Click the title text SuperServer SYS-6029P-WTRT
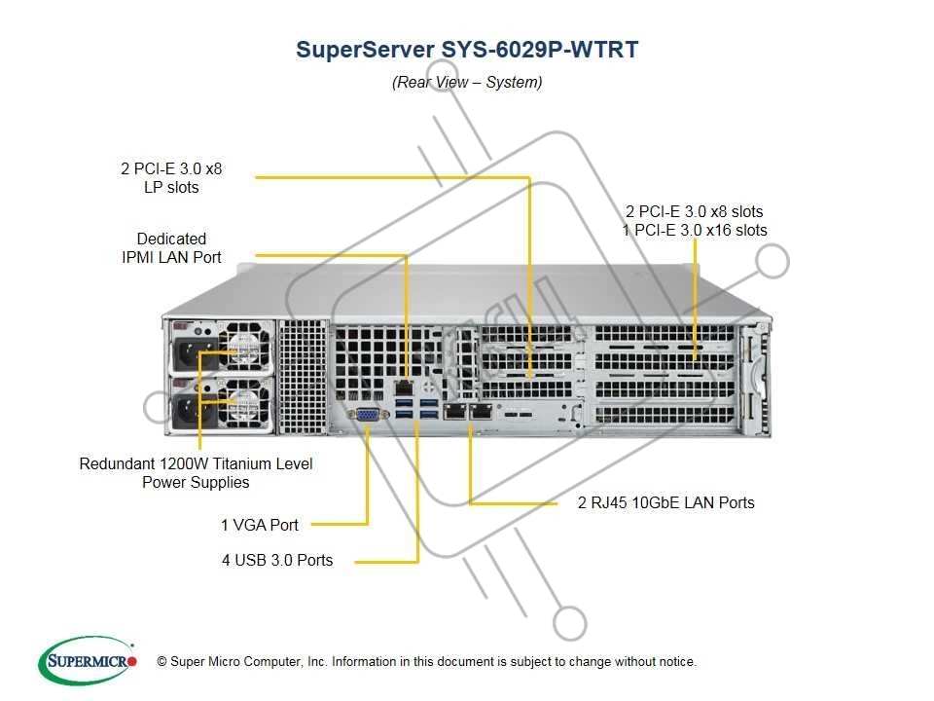click(x=467, y=51)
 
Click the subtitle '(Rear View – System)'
click(x=467, y=82)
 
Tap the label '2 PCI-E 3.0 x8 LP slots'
click(x=171, y=178)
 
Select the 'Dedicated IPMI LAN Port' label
click(x=171, y=248)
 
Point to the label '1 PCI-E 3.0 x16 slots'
click(x=695, y=231)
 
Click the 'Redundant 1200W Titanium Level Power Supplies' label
click(x=196, y=473)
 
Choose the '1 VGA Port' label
click(x=260, y=525)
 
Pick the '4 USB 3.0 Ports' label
click(x=277, y=560)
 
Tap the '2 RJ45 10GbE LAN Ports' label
click(x=666, y=503)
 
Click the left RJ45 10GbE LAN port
click(x=455, y=412)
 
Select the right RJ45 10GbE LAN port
click(x=481, y=412)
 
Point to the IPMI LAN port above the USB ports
click(x=404, y=387)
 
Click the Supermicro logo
click(x=85, y=662)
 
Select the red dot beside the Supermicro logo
click(x=133, y=662)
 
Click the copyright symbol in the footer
click(x=162, y=662)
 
